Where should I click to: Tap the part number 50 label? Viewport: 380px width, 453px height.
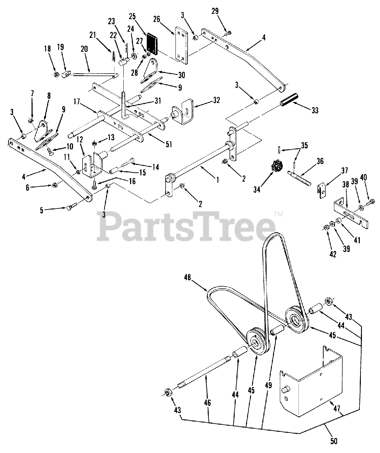coord(334,441)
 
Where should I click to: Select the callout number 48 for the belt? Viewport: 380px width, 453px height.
coord(188,278)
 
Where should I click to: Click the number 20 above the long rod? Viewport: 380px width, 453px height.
coord(84,50)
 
